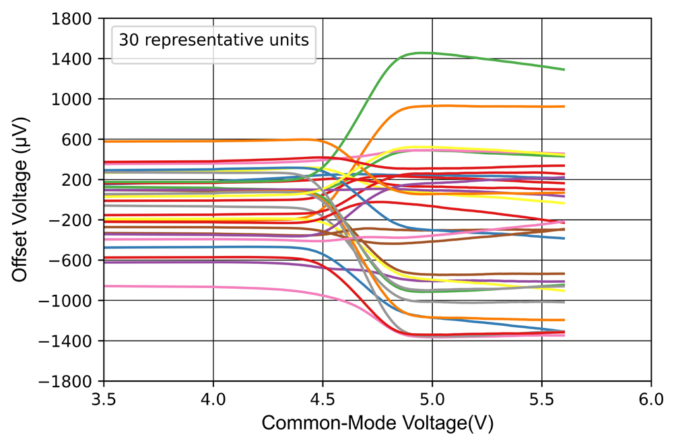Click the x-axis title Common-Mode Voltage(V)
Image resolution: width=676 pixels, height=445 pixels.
(377, 423)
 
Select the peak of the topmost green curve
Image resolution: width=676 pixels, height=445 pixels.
(423, 53)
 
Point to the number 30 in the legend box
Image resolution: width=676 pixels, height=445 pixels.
(127, 40)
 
